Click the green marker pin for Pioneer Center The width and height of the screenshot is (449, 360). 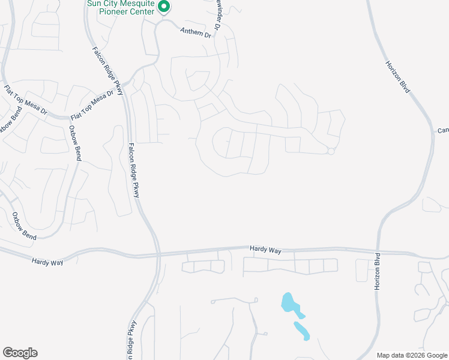pyautogui.click(x=164, y=7)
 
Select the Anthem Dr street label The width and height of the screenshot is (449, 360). pyautogui.click(x=196, y=32)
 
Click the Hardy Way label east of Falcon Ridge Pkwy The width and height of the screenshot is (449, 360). pyautogui.click(x=265, y=248)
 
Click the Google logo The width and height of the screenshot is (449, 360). pyautogui.click(x=20, y=353)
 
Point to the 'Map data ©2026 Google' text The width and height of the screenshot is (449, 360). pyautogui.click(x=412, y=355)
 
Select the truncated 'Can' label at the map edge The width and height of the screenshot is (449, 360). pyautogui.click(x=443, y=130)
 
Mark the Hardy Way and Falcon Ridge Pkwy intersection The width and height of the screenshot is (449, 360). pyautogui.click(x=158, y=254)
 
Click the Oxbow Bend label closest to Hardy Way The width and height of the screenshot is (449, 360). pyautogui.click(x=25, y=226)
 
